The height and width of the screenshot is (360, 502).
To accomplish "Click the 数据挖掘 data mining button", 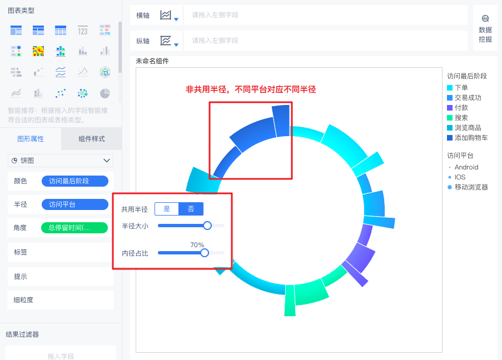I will (485, 28).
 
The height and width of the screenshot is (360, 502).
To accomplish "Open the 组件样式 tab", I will (92, 139).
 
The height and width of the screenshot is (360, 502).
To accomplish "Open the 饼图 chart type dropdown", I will (61, 161).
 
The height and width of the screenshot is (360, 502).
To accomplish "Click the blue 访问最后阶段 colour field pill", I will (74, 181).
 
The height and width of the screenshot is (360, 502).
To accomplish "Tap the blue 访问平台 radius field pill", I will (74, 204).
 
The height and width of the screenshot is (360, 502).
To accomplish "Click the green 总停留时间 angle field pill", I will (74, 228).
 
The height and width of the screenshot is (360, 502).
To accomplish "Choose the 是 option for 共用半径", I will (167, 209).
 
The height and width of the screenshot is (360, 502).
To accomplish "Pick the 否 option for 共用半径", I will (191, 209).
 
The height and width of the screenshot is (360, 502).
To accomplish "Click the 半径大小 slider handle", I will (207, 226).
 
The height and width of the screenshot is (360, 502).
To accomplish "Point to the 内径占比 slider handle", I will (205, 253).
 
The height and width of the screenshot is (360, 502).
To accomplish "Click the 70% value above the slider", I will (197, 245).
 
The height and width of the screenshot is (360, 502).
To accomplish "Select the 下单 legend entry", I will (461, 88).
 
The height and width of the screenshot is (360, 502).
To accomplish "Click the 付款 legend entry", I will (461, 108).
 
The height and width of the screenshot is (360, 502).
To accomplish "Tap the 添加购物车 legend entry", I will (471, 138).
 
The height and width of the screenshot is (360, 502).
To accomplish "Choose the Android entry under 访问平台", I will (466, 167).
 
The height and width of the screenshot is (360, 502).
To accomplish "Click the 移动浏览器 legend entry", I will (471, 187).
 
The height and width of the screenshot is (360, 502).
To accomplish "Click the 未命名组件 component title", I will (152, 61).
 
